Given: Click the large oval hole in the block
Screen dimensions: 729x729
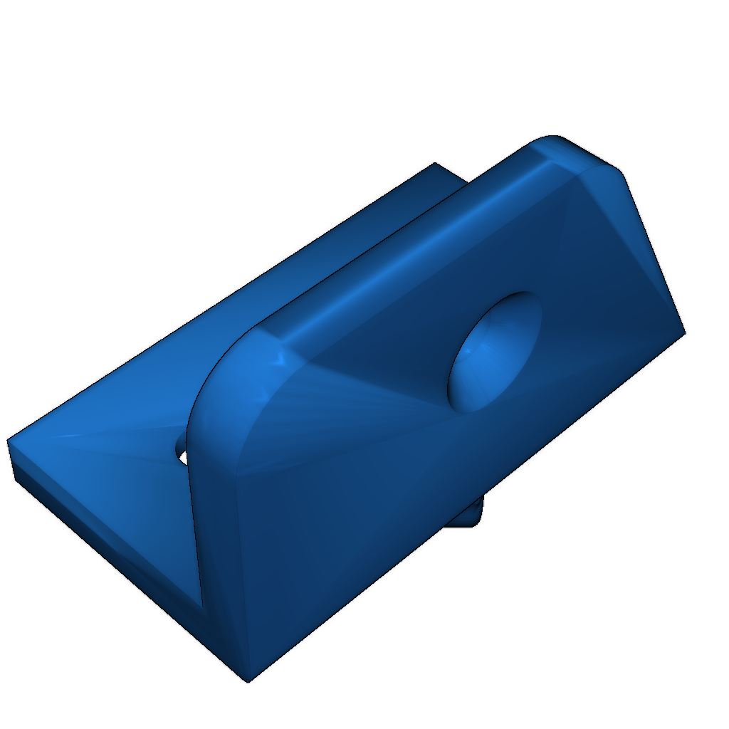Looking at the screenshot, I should [493, 352].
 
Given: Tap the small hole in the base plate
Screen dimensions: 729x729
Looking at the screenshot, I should [182, 451].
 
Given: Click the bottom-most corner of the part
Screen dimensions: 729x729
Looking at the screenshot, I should [248, 681].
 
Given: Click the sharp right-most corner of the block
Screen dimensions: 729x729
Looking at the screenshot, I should [683, 332].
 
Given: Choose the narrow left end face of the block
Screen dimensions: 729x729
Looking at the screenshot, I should [217, 541].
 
